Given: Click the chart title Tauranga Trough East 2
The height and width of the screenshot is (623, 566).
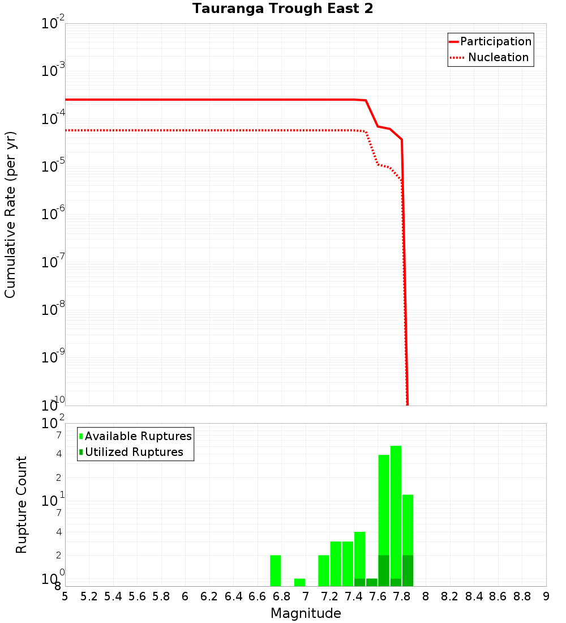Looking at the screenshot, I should pos(282,9).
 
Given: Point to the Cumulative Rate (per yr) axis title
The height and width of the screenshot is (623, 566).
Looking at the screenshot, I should pos(10,215).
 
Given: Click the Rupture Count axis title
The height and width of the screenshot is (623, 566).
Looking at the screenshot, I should pos(22,505).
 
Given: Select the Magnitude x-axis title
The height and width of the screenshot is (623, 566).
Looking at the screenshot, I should pos(306,613).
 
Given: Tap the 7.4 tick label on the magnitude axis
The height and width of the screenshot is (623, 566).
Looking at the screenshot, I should pos(354,597).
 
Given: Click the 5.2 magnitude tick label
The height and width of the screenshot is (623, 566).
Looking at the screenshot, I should pos(89,597).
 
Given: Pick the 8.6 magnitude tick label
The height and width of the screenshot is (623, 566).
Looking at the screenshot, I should pos(498,597).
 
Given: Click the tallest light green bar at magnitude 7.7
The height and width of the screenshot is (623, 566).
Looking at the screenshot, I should pos(396,510).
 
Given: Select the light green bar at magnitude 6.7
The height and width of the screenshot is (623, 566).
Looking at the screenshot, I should pos(276,570).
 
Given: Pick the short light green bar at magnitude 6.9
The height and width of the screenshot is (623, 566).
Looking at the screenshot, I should pos(299,582).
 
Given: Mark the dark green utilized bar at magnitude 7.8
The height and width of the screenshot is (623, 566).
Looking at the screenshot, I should pos(408,570).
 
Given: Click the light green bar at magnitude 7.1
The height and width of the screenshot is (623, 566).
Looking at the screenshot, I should pos(324,570).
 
